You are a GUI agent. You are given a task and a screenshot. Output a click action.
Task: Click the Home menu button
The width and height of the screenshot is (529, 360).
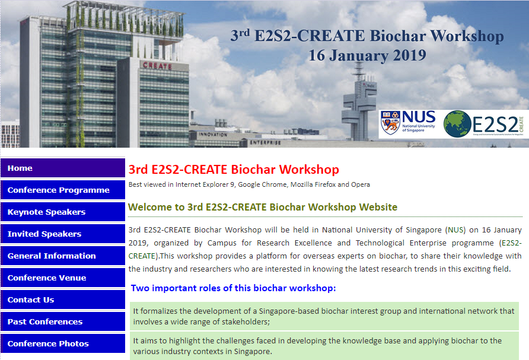(x=63, y=168)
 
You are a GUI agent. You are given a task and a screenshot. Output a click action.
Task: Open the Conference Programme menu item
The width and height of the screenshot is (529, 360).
(x=63, y=190)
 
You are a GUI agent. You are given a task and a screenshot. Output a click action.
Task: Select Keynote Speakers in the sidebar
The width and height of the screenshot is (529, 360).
(x=63, y=212)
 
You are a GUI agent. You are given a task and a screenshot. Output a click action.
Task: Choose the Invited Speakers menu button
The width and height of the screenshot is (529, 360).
(x=63, y=234)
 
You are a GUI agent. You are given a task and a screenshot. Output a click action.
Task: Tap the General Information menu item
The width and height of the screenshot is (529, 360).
(x=63, y=256)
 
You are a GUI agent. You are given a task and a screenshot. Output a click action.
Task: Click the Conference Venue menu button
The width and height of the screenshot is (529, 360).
(x=63, y=278)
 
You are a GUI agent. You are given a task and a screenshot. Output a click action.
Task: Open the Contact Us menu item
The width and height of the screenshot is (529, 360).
(x=63, y=300)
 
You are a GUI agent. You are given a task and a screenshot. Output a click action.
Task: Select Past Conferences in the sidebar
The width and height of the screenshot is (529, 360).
(x=63, y=321)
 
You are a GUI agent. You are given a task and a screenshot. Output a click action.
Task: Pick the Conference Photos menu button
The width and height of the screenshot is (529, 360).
(x=63, y=343)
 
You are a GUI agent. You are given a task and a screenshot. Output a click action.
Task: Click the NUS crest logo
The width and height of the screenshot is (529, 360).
(x=390, y=123)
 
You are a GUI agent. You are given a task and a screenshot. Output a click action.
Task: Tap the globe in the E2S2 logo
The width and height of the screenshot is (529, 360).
(x=457, y=124)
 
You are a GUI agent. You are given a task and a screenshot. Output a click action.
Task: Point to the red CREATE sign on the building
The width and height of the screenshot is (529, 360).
(x=157, y=65)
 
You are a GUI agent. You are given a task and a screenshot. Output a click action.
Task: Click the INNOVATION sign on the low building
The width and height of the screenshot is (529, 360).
(x=212, y=135)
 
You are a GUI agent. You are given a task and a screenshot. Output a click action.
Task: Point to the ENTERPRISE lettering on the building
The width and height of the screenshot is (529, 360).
(x=265, y=143)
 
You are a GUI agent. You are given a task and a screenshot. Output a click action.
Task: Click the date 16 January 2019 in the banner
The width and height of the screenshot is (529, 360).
(x=368, y=55)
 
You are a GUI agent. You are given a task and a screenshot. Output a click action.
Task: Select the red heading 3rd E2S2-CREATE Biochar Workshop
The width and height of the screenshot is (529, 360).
(x=234, y=170)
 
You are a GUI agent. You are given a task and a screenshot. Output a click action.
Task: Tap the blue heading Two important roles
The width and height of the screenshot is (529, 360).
(x=234, y=288)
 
